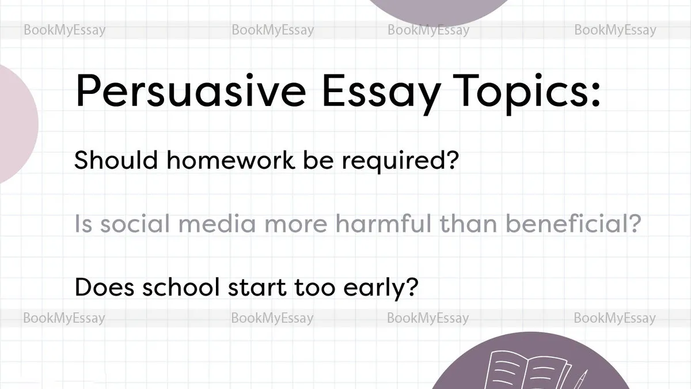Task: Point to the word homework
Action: coord(231,160)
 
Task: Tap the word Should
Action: coord(116,160)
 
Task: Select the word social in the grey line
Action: coord(135,223)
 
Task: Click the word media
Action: coord(217,223)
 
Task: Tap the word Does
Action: coord(105,287)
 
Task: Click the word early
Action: coord(373,289)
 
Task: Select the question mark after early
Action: coord(412,287)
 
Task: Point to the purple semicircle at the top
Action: coord(438,12)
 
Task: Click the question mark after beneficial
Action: coord(633,223)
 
